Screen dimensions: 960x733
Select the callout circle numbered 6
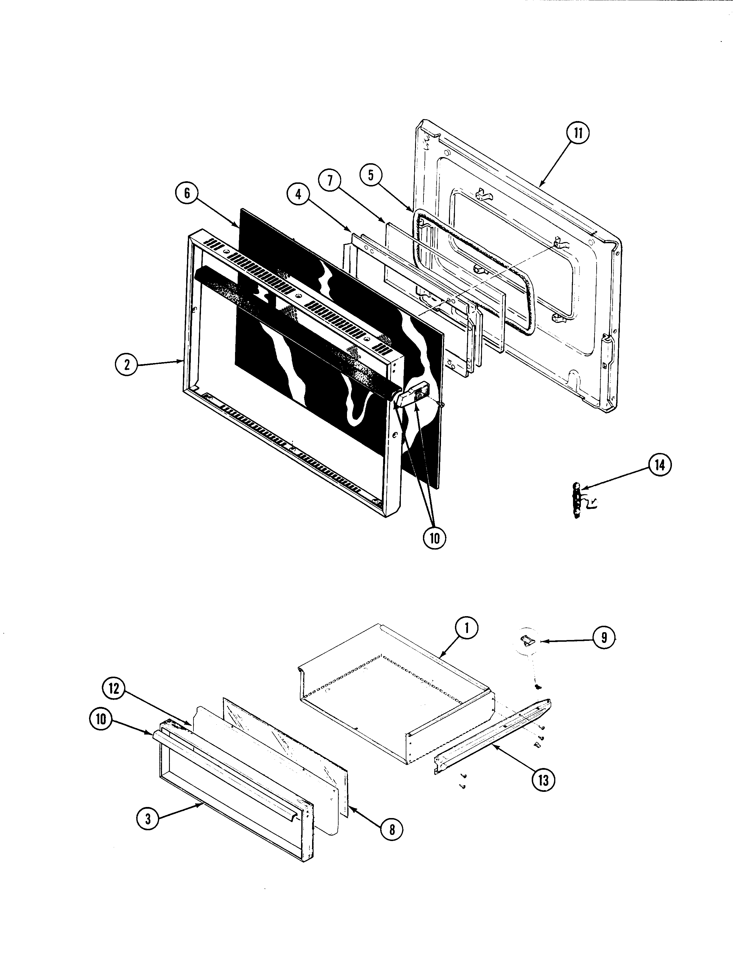click(x=187, y=193)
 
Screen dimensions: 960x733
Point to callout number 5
click(x=371, y=175)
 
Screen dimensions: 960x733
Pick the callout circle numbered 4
click(x=298, y=194)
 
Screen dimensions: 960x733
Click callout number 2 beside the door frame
click(x=127, y=364)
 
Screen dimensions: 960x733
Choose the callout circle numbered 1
click(x=467, y=628)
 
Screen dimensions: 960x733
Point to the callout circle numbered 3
click(x=148, y=819)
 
